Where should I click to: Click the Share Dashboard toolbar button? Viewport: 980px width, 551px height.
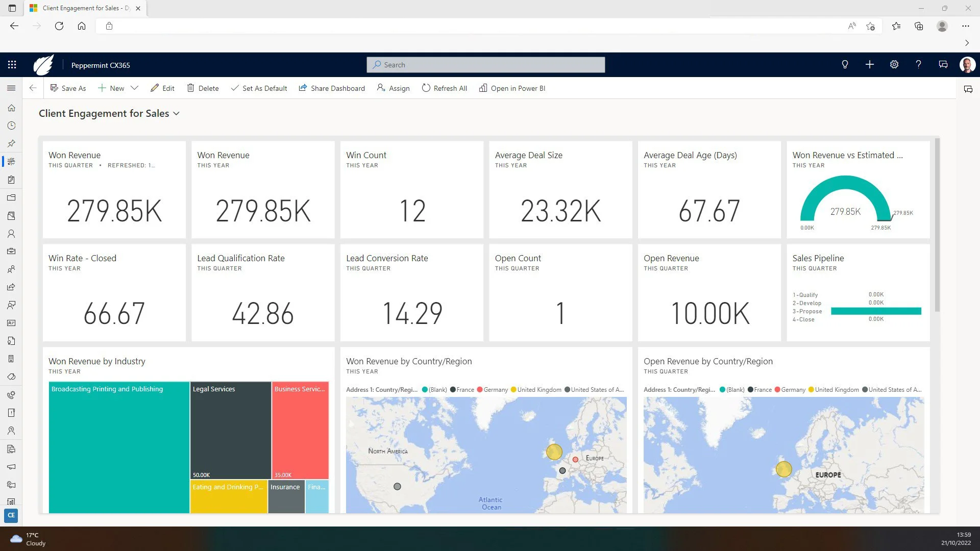(332, 88)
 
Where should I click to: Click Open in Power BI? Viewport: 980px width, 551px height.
(512, 88)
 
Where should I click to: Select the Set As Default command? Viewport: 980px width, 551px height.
(259, 88)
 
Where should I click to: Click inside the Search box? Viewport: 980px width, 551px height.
(485, 65)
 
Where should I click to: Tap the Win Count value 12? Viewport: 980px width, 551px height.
(412, 211)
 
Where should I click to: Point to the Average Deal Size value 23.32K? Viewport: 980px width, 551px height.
(560, 211)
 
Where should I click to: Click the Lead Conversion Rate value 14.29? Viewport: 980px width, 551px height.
(412, 314)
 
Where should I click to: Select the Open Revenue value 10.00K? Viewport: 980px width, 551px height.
(709, 314)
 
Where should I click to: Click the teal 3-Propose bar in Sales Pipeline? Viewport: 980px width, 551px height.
(875, 311)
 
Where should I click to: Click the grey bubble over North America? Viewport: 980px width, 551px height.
(397, 487)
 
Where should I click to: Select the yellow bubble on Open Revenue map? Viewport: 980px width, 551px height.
(783, 469)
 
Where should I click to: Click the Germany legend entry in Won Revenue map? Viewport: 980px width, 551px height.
(493, 390)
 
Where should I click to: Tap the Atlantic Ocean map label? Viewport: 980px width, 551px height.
(491, 504)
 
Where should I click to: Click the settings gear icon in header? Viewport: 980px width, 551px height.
(894, 65)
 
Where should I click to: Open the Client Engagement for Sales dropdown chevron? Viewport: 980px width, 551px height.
(177, 114)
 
